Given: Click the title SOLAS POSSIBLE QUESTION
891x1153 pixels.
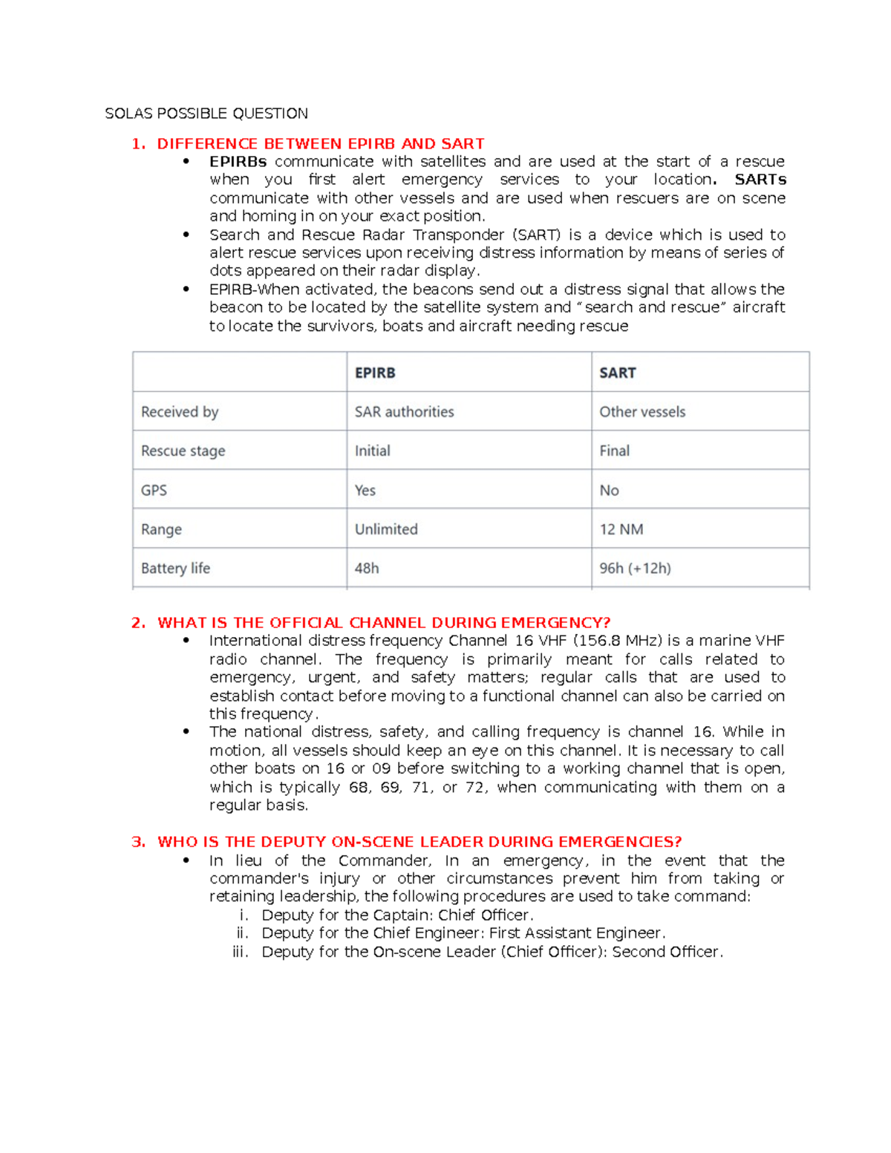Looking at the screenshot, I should click(x=206, y=114).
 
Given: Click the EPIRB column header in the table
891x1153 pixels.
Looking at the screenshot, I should click(x=375, y=373).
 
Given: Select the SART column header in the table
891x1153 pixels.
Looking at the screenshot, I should click(x=618, y=373).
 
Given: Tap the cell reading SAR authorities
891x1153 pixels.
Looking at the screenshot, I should click(x=404, y=412).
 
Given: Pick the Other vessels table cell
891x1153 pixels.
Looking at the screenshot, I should click(x=642, y=412).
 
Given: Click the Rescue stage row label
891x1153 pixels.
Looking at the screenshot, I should click(x=183, y=451).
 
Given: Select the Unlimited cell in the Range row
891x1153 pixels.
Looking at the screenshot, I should click(x=386, y=529).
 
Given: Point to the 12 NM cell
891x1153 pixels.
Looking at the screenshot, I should click(x=621, y=529).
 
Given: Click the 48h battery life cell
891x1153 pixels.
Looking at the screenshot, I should click(x=367, y=569).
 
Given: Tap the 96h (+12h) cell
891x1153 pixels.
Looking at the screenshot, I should click(x=635, y=569).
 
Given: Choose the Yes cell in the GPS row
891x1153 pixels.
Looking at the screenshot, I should click(x=365, y=491).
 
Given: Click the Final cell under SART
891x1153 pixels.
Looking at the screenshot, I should click(x=614, y=451).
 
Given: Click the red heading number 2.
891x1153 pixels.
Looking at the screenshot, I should click(x=138, y=623).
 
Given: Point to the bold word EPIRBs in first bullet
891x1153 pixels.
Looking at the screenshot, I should click(x=238, y=162).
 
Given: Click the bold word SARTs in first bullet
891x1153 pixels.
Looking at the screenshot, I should click(x=760, y=180).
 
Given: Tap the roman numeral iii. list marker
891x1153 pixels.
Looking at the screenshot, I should click(x=240, y=952).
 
